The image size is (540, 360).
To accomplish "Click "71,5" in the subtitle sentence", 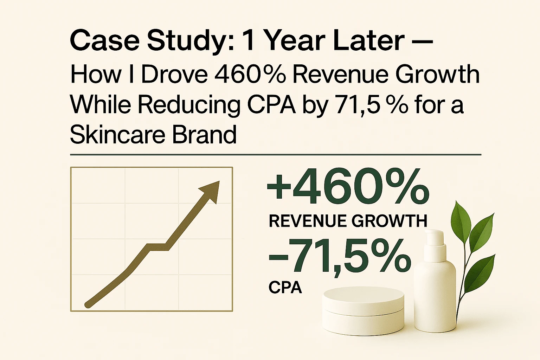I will [x=358, y=104].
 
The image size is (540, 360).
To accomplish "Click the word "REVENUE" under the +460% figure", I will [x=308, y=221].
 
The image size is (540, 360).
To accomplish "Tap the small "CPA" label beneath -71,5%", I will [x=285, y=288].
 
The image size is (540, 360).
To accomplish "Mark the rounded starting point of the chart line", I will [x=88, y=304].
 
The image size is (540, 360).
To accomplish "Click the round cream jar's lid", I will [x=363, y=299].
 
